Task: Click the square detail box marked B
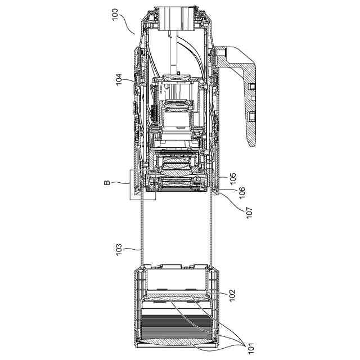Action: [142, 184]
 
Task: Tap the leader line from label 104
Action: [132, 83]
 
